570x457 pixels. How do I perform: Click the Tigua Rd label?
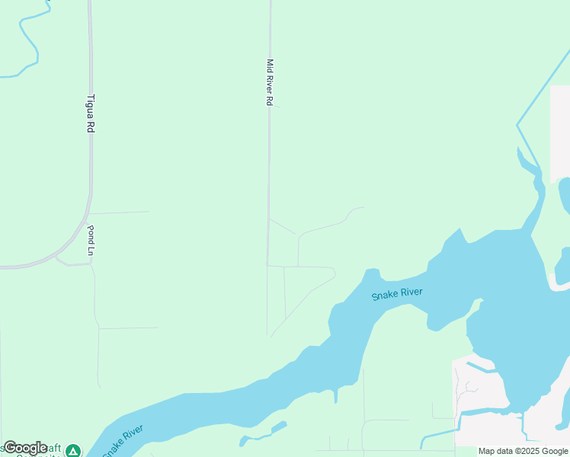[x=90, y=113]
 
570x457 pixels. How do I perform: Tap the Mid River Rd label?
[x=269, y=82]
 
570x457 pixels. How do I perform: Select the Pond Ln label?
[x=90, y=240]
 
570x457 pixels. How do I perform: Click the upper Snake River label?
[x=396, y=294]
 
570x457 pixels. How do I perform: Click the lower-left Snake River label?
[x=123, y=441]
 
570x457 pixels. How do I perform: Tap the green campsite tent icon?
[x=72, y=451]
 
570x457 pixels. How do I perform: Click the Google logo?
[x=24, y=448]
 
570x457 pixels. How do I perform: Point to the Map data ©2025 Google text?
[x=523, y=451]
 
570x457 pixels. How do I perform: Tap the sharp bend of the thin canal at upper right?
[x=517, y=123]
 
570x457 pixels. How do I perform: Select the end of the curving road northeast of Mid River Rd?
[x=363, y=207]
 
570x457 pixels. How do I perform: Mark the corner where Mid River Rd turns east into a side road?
[x=267, y=265]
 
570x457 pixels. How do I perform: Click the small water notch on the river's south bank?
[x=335, y=395]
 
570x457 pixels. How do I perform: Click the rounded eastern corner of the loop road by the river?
[x=335, y=272]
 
